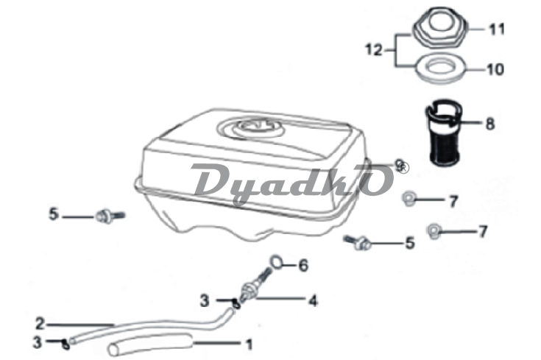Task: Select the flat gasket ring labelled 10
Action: click(x=441, y=70)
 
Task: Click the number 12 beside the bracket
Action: click(x=374, y=50)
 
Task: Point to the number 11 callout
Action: click(x=497, y=29)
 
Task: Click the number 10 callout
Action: click(x=495, y=69)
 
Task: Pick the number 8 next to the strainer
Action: click(x=490, y=124)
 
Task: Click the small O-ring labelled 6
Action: click(x=277, y=261)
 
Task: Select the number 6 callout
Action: click(x=303, y=266)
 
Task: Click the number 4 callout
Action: click(x=313, y=300)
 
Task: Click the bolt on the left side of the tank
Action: click(x=110, y=216)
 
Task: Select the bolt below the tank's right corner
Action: click(x=358, y=242)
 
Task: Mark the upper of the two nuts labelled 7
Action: click(x=409, y=199)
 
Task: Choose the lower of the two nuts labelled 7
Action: click(x=434, y=231)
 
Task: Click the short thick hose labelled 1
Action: click(x=150, y=345)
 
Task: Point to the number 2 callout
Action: click(x=40, y=324)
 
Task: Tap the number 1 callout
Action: click(x=249, y=344)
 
